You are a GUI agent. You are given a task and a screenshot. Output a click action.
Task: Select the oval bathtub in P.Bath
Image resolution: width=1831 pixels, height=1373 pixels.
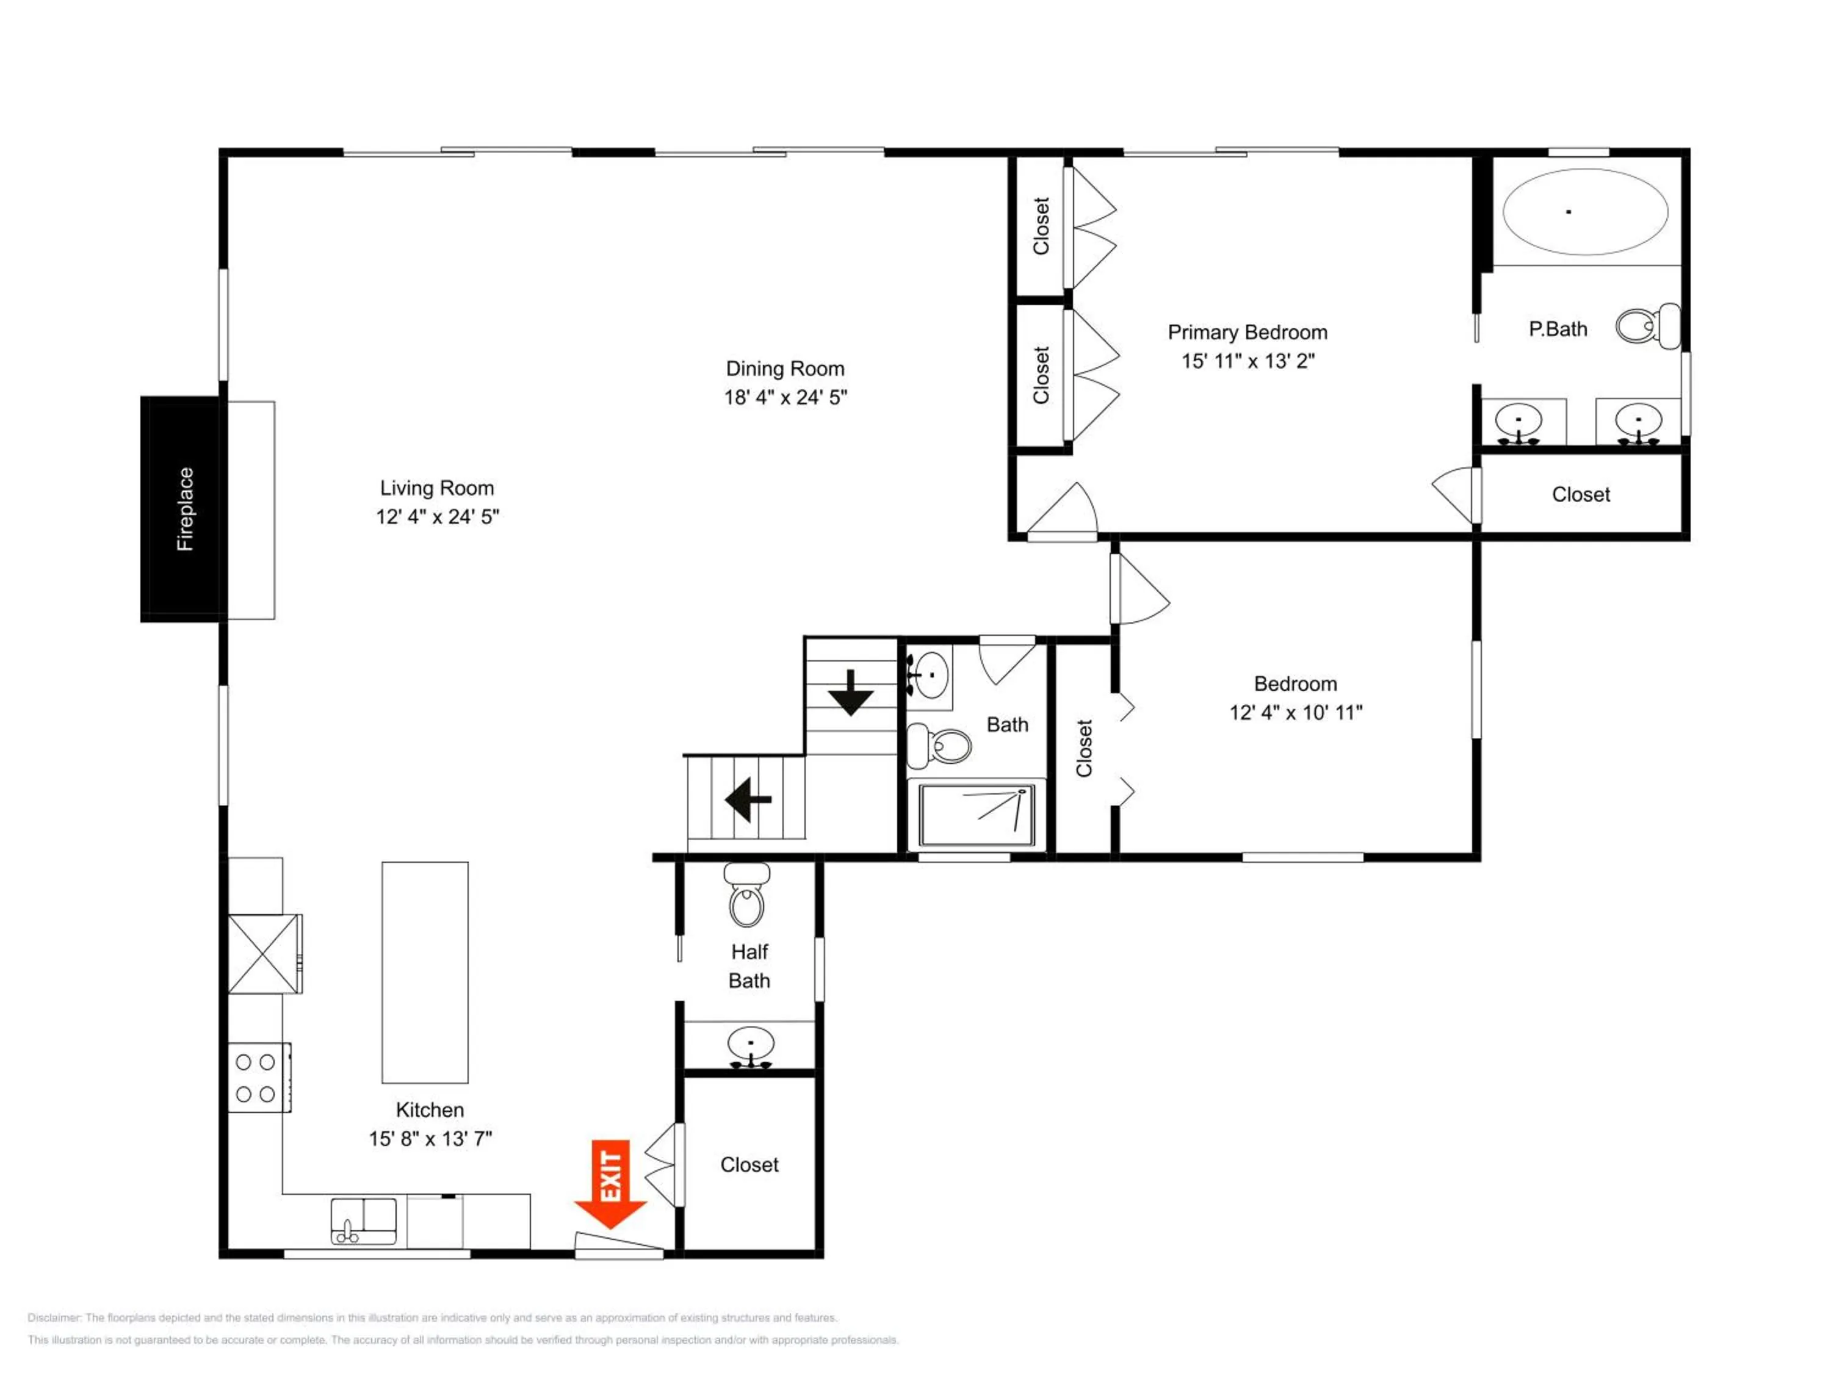tap(1584, 212)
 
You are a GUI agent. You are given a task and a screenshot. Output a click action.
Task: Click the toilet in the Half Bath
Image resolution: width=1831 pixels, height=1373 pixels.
tap(746, 895)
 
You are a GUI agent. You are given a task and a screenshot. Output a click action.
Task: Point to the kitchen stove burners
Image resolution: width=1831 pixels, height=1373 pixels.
tap(256, 1078)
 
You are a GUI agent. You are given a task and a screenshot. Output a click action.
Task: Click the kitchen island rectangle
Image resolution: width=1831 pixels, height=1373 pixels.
tap(425, 973)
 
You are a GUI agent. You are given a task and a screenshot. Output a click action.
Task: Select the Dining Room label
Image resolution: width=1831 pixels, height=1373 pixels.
tap(785, 369)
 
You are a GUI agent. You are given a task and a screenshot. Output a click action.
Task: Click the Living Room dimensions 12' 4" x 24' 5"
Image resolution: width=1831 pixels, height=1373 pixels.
tap(437, 516)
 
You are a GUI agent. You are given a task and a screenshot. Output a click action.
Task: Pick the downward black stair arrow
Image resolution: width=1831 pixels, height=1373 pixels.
tap(851, 693)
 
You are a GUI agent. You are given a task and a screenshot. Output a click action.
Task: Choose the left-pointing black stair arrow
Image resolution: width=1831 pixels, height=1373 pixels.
tap(748, 799)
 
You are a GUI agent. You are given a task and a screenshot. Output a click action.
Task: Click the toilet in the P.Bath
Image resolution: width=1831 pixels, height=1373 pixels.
tap(1647, 326)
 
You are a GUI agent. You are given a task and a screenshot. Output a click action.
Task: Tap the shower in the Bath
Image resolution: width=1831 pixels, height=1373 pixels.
tap(977, 815)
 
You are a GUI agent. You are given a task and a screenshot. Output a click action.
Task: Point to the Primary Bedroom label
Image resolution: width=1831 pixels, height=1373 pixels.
tap(1248, 332)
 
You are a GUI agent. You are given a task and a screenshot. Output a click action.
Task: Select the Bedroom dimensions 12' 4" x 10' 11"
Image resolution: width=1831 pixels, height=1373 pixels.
tap(1296, 712)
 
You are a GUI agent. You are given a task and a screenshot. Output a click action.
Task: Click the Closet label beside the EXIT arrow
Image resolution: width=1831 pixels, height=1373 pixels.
tap(749, 1164)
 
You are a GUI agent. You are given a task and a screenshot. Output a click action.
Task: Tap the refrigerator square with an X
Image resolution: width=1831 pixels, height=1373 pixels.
tap(264, 953)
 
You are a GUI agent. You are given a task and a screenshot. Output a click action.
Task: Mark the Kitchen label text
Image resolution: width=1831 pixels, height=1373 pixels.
tap(430, 1110)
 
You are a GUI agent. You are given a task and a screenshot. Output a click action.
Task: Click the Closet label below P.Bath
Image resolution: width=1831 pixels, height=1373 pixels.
tap(1580, 494)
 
